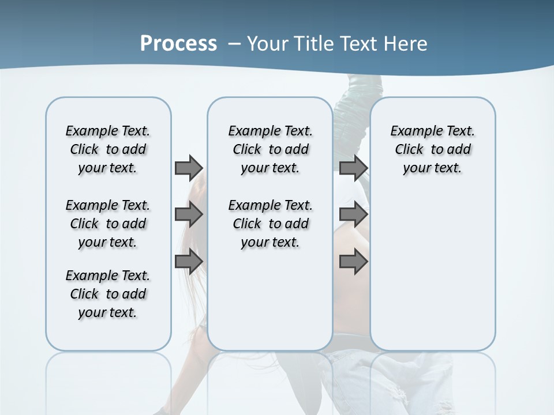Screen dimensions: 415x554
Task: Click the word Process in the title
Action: [x=178, y=44]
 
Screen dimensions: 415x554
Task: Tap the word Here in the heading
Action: [x=403, y=44]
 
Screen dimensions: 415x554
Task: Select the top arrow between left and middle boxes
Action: [x=188, y=168]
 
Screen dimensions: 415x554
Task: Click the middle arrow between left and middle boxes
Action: [x=188, y=214]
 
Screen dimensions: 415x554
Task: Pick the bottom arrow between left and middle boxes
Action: [x=188, y=262]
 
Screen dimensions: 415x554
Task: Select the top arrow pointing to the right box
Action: [x=353, y=168]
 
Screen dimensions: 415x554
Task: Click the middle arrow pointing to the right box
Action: [x=353, y=214]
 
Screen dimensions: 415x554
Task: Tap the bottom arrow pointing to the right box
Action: [x=353, y=262]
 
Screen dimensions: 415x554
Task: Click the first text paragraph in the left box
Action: [x=108, y=149]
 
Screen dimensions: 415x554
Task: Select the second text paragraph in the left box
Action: [x=108, y=224]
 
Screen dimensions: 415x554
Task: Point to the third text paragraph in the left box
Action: [x=108, y=294]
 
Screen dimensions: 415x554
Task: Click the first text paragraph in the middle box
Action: [x=270, y=149]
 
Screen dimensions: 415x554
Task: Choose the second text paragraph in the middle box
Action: [x=270, y=224]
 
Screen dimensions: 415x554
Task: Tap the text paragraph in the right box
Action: [x=432, y=149]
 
